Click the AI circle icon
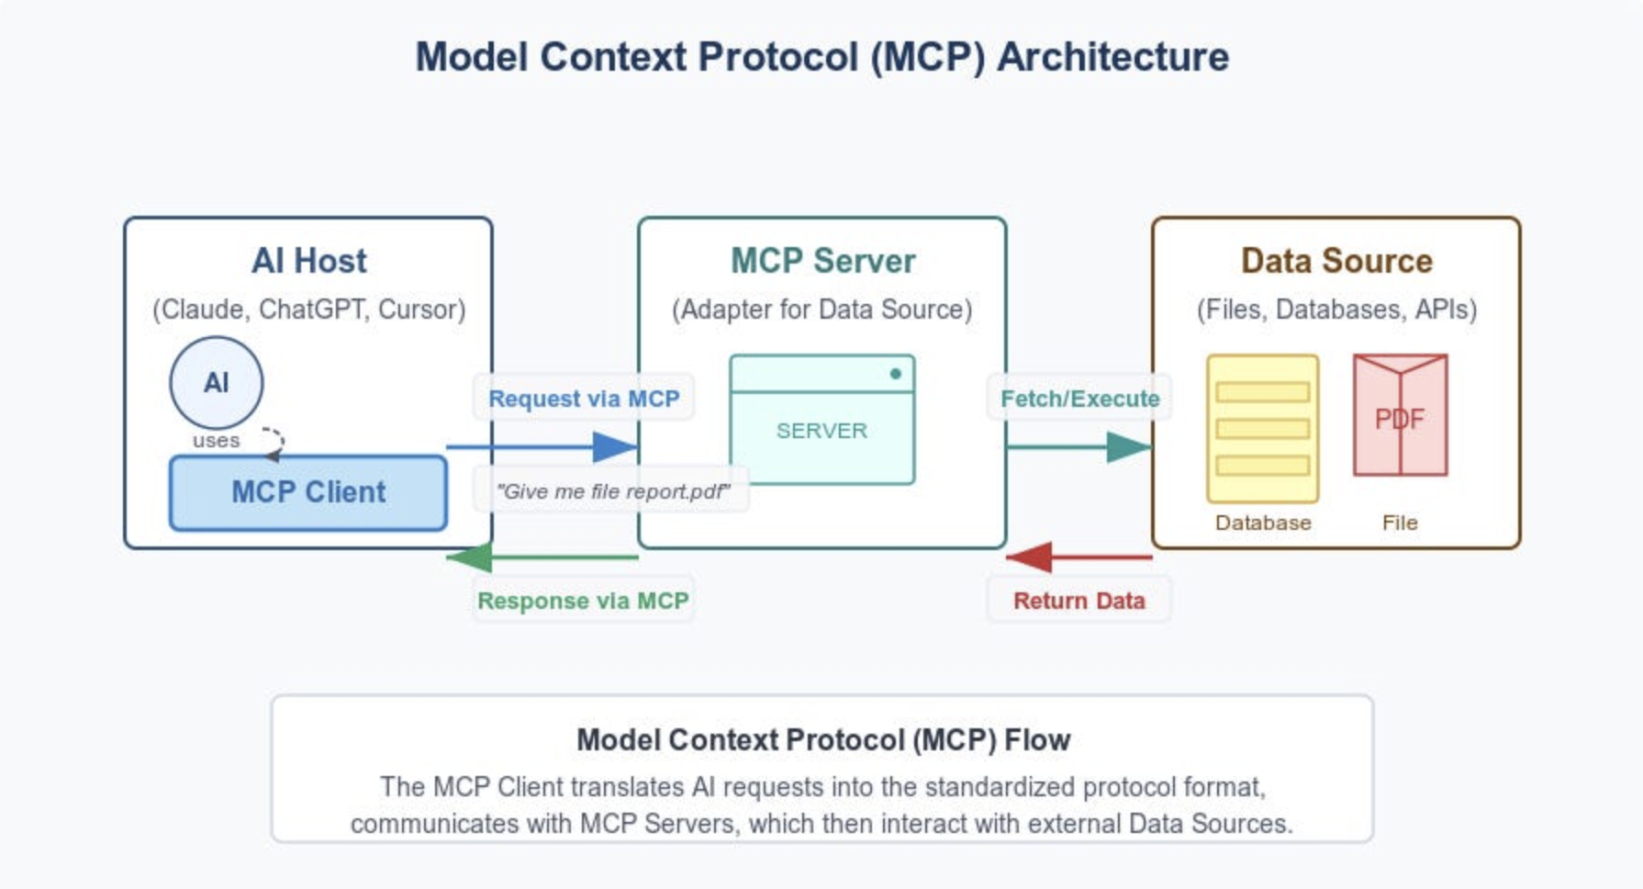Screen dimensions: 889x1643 coord(217,382)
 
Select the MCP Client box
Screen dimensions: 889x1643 coord(308,492)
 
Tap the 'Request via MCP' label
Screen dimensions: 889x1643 coord(584,399)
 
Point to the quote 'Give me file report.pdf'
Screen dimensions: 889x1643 coord(612,491)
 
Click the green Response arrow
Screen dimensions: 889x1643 coord(542,557)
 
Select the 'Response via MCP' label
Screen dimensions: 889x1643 coord(583,601)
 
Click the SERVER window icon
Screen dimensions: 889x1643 coord(822,421)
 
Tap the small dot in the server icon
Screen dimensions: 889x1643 coord(895,374)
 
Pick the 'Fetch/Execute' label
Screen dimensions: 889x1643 coord(1079,399)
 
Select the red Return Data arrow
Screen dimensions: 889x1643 coord(1079,557)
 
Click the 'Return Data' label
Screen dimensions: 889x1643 coord(1079,601)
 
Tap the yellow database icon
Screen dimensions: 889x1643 coord(1263,429)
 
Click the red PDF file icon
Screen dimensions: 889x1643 coord(1400,415)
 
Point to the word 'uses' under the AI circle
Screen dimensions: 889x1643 coord(216,441)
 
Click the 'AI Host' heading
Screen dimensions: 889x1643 coord(308,261)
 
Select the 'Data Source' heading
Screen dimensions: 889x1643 coord(1336,261)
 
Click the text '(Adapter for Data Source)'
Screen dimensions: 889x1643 coord(822,309)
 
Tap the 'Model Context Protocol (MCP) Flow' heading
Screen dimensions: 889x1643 coord(822,740)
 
